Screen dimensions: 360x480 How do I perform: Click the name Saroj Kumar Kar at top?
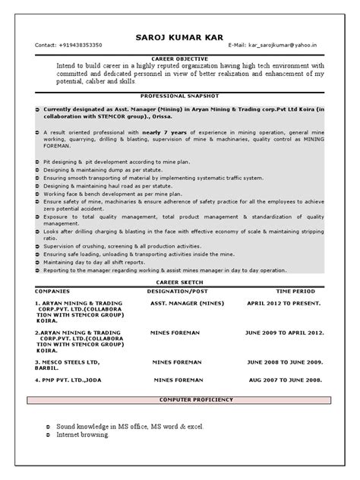tap(180, 35)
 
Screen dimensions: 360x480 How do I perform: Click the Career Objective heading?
tap(181, 58)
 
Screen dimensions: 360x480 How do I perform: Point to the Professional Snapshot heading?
tap(181, 96)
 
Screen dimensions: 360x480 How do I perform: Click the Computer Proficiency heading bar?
tap(181, 399)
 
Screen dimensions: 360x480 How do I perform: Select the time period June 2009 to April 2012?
tap(285, 333)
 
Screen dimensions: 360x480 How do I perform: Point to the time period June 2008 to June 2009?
tap(285, 362)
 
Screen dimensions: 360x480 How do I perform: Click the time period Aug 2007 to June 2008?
tap(285, 379)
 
